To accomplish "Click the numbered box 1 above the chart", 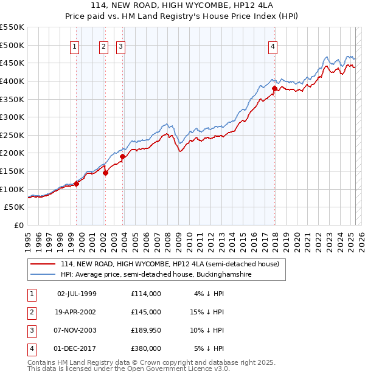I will click(x=74, y=46).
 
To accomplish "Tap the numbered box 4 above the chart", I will click(x=274, y=46).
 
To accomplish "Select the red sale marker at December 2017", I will click(x=274, y=88).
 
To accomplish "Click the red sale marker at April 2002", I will click(x=105, y=173).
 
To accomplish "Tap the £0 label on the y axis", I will click(x=19, y=225).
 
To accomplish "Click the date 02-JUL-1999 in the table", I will click(x=77, y=294).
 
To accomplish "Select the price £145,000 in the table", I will click(x=146, y=312).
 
